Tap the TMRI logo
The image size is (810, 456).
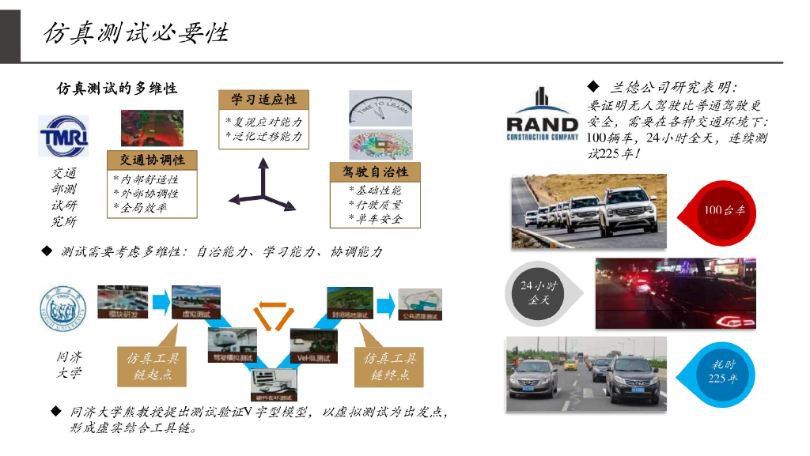click(x=64, y=136)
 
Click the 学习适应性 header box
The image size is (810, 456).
click(x=264, y=100)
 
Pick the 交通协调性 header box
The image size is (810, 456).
click(x=146, y=160)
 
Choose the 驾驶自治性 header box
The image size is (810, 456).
click(x=375, y=172)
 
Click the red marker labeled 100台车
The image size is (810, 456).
click(x=723, y=210)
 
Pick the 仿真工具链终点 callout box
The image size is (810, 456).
click(x=389, y=366)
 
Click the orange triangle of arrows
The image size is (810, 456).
click(x=272, y=315)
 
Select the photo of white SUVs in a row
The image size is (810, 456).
click(x=589, y=211)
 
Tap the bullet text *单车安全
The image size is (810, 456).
click(x=375, y=219)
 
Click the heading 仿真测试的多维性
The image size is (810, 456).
click(x=117, y=88)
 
